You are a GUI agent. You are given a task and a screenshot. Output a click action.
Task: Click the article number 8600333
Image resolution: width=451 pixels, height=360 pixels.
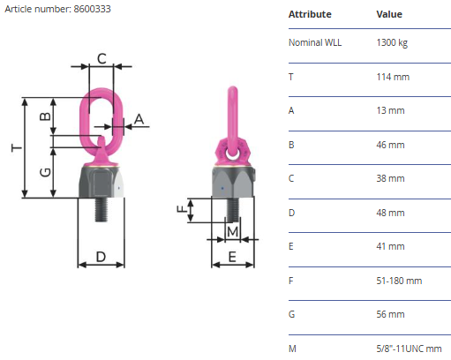92,9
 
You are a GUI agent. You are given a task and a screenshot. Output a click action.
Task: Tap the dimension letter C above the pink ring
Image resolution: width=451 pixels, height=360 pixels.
101,58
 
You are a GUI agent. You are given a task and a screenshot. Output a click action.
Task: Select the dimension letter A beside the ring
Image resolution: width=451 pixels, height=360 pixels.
139,119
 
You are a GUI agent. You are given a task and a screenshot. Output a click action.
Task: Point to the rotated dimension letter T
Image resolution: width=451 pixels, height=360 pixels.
17,147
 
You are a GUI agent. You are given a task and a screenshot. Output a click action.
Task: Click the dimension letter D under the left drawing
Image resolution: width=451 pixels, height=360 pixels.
101,257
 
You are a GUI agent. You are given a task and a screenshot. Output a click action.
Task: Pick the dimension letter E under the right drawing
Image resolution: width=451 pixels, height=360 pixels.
232,257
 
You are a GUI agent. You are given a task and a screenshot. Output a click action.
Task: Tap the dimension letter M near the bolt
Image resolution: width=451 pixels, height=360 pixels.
232,232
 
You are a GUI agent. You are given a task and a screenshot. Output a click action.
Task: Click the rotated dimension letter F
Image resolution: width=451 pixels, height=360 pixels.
182,209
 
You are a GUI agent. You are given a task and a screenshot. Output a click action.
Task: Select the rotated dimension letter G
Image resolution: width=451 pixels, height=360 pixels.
45,172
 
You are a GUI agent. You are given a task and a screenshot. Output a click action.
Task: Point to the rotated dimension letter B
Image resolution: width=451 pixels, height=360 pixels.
45,116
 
